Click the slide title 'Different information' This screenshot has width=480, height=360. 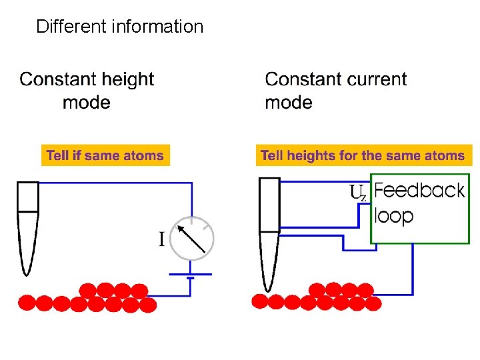pos(119,27)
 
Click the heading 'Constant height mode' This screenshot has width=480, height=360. pos(87,91)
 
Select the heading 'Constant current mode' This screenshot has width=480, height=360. pos(335,91)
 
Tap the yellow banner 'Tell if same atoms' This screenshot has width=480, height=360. pos(105,155)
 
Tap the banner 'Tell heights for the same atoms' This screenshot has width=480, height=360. pos(363,155)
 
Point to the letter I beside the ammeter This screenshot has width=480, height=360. pos(161,239)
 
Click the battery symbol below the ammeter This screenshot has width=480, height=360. pos(191,275)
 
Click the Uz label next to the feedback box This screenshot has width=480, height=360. pos(358,193)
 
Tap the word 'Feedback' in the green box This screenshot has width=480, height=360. pos(419,191)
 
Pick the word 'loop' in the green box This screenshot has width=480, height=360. pos(393,216)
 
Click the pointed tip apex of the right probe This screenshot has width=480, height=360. pos(269,289)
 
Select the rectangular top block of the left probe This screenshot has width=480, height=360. pos(27,196)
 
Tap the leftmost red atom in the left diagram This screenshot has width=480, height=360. pos(27,303)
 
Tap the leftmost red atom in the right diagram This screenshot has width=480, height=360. pos(259,301)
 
